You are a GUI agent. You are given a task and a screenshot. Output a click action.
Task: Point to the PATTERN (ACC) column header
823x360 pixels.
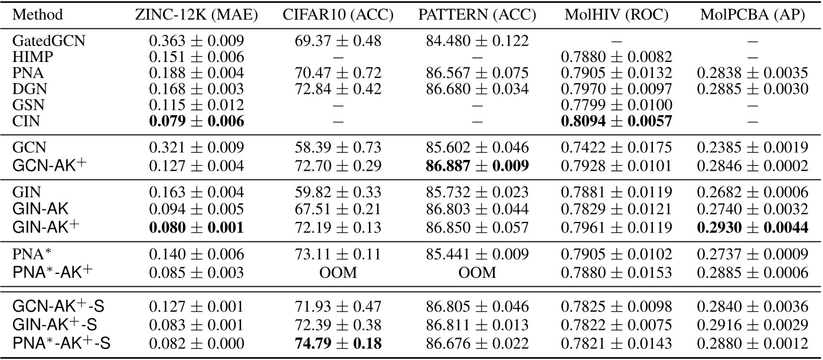(x=477, y=14)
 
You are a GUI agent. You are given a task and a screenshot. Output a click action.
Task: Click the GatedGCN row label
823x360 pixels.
(x=42, y=41)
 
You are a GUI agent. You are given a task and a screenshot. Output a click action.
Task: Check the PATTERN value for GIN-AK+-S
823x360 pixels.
(x=477, y=326)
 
